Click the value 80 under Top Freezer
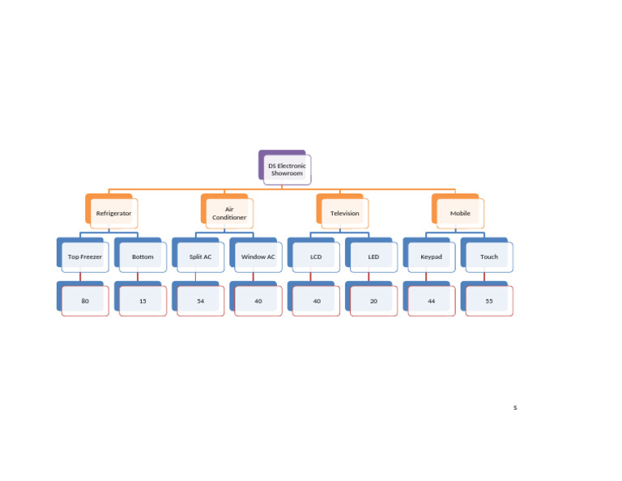point(85,301)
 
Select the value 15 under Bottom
point(143,301)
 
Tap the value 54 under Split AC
point(200,301)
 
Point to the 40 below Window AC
point(258,301)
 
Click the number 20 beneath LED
point(373,301)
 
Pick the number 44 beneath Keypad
point(431,301)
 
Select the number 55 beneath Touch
point(489,301)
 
